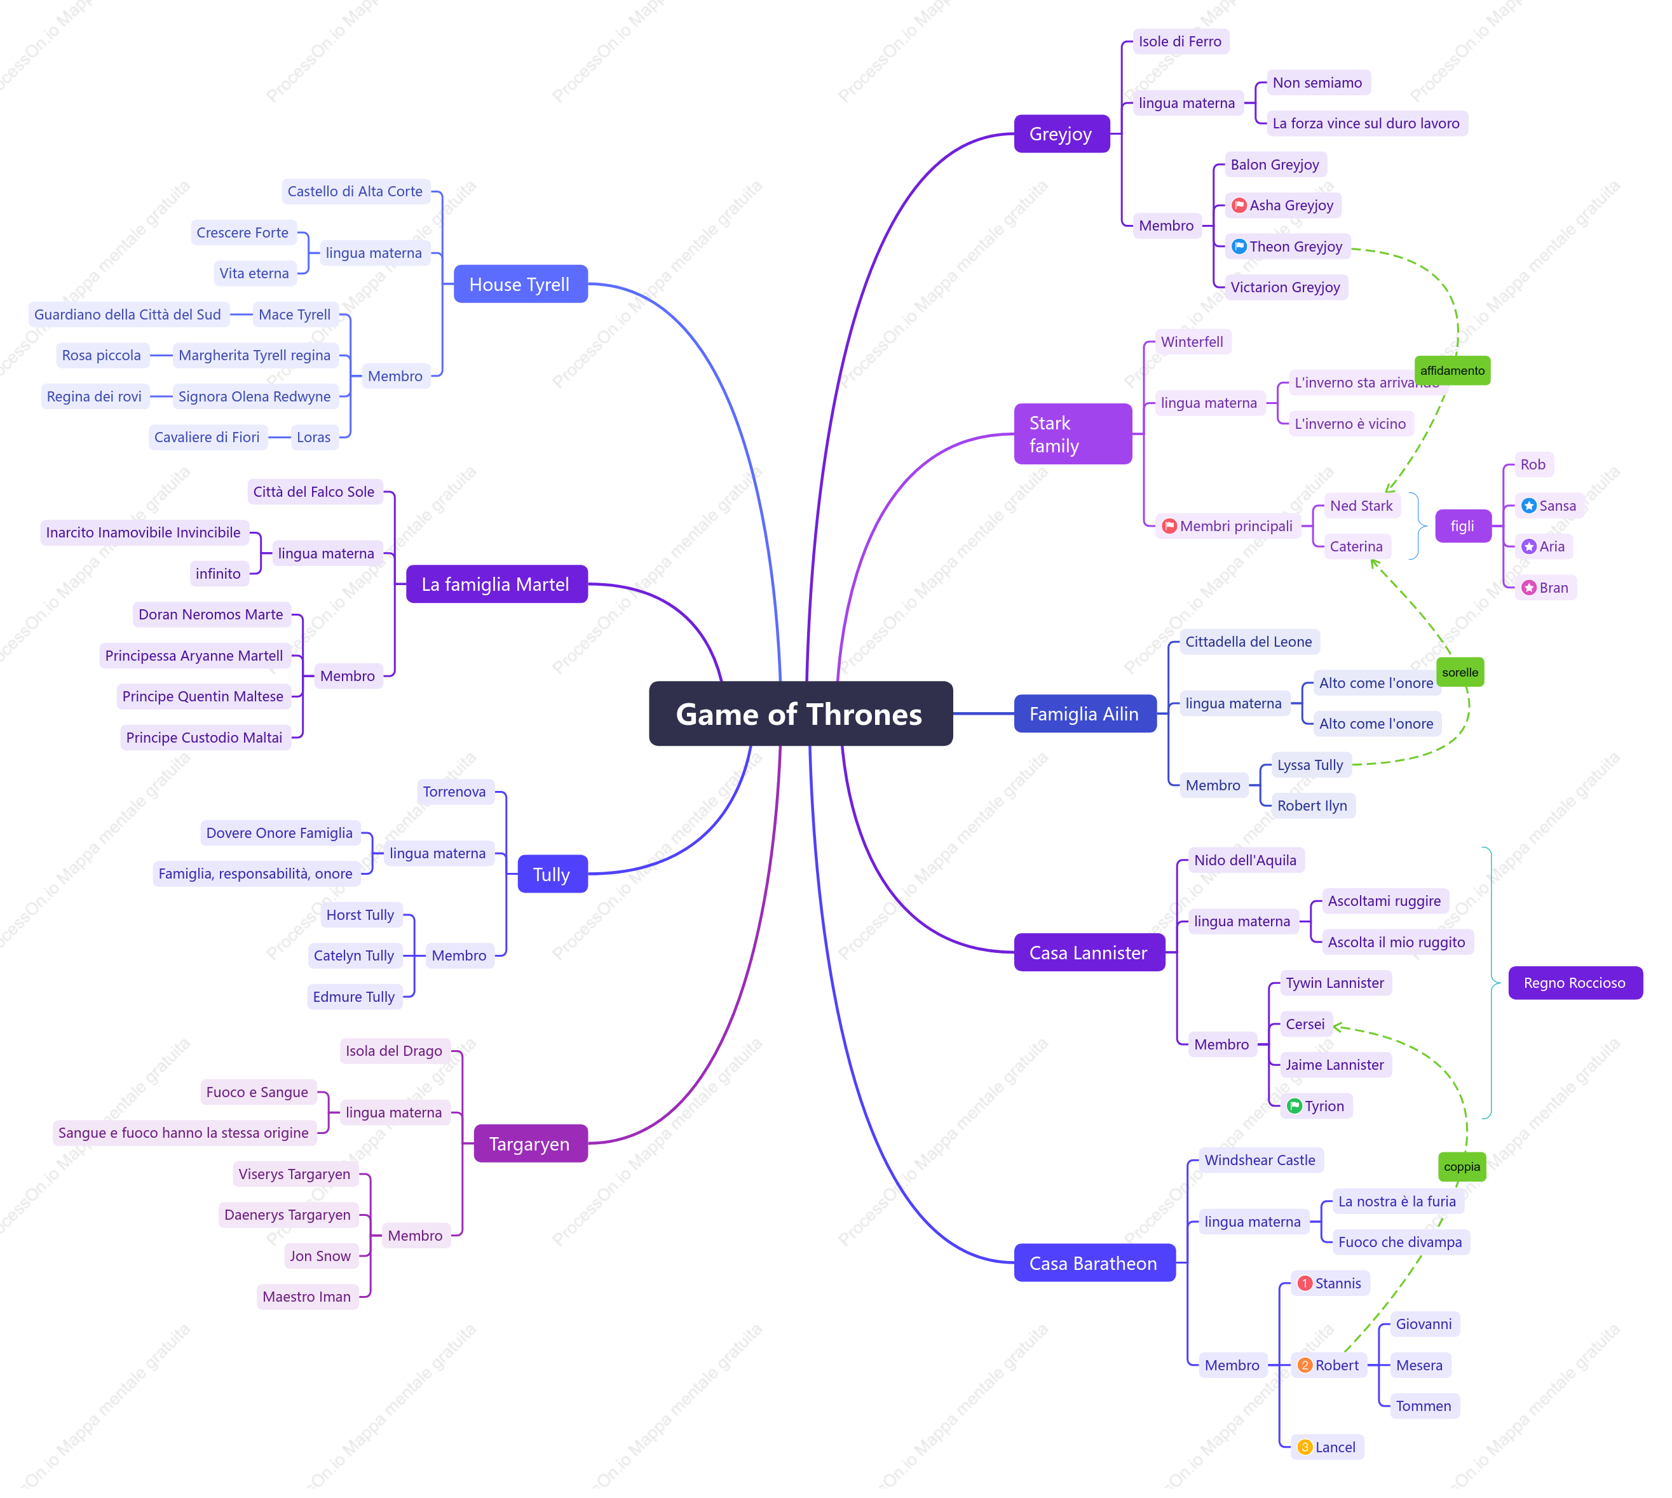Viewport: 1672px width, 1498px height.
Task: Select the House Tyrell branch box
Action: click(x=520, y=284)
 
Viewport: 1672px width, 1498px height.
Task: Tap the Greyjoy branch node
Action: click(x=1061, y=133)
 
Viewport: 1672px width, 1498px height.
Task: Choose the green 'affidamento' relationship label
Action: click(x=1452, y=370)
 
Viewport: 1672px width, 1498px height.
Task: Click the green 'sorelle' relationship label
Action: click(x=1460, y=673)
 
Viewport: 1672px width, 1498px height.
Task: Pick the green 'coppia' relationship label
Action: click(x=1462, y=1166)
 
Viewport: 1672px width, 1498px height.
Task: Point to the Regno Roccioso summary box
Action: click(x=1575, y=983)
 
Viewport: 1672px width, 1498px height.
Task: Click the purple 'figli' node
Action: click(x=1463, y=526)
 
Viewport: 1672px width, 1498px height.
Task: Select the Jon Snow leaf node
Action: click(x=320, y=1256)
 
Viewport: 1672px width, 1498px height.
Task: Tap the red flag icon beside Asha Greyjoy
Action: click(x=1239, y=205)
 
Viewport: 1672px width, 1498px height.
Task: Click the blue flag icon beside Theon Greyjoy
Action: click(x=1239, y=246)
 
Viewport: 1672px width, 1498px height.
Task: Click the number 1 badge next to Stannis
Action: click(x=1305, y=1283)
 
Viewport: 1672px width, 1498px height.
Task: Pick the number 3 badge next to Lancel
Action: click(x=1305, y=1447)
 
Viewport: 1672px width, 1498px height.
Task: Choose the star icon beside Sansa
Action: click(x=1529, y=506)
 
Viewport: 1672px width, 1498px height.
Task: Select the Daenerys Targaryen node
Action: click(x=287, y=1215)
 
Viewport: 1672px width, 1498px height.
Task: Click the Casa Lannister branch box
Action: click(x=1089, y=952)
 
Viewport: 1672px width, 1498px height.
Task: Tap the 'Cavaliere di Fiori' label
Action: click(x=207, y=437)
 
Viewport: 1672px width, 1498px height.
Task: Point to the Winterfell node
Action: click(x=1192, y=342)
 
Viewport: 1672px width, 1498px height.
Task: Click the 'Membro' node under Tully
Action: click(x=459, y=955)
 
